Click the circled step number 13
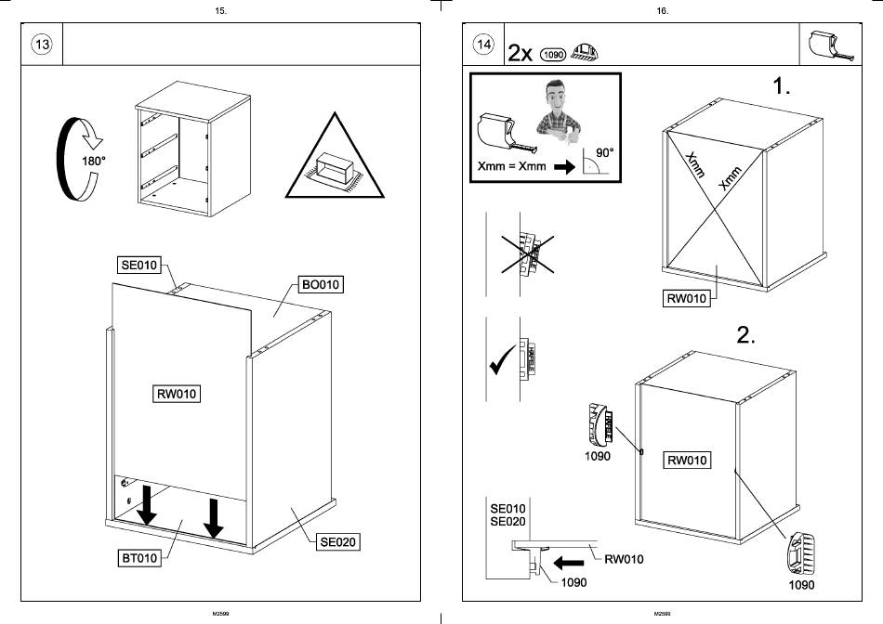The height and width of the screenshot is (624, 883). (42, 45)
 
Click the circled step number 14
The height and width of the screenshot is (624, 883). (483, 45)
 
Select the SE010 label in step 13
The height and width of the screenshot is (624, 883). (139, 265)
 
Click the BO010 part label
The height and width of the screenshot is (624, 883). (321, 284)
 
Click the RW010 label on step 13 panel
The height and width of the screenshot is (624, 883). (177, 394)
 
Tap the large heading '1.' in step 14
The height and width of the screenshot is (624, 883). (782, 87)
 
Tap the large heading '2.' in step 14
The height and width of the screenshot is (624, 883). (746, 335)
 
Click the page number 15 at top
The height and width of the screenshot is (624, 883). (219, 10)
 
